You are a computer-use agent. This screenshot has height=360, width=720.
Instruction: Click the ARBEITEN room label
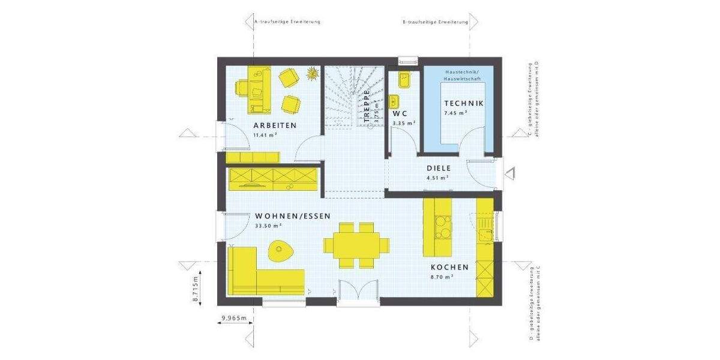click(x=275, y=125)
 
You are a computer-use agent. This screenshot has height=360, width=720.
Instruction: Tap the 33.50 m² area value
click(x=268, y=226)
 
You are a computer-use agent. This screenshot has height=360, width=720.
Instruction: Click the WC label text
click(x=400, y=113)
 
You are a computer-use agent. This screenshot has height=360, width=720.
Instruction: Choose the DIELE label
click(x=438, y=169)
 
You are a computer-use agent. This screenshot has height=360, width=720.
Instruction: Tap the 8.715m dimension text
click(x=196, y=291)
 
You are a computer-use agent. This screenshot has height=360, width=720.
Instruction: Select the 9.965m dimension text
click(x=234, y=319)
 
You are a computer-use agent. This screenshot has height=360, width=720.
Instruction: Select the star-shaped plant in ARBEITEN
click(x=312, y=74)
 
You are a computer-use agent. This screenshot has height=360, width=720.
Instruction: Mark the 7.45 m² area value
click(x=455, y=113)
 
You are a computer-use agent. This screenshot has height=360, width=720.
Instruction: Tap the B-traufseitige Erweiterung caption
click(x=435, y=22)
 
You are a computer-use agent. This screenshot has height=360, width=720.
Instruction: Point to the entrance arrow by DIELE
click(x=511, y=173)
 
